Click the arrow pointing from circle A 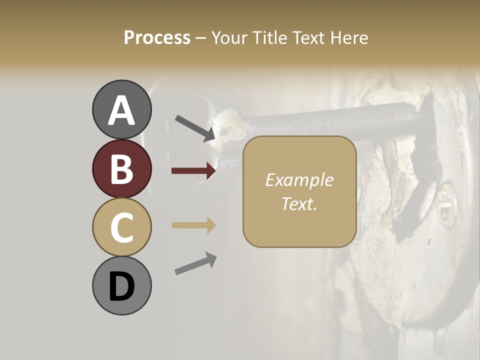click(x=195, y=127)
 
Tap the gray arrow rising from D click(x=195, y=263)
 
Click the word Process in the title click(x=157, y=38)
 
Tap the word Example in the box click(x=299, y=180)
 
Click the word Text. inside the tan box click(x=299, y=203)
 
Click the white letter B click(x=121, y=169)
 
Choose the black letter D click(x=121, y=287)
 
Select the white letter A click(x=122, y=110)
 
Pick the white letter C click(x=121, y=228)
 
